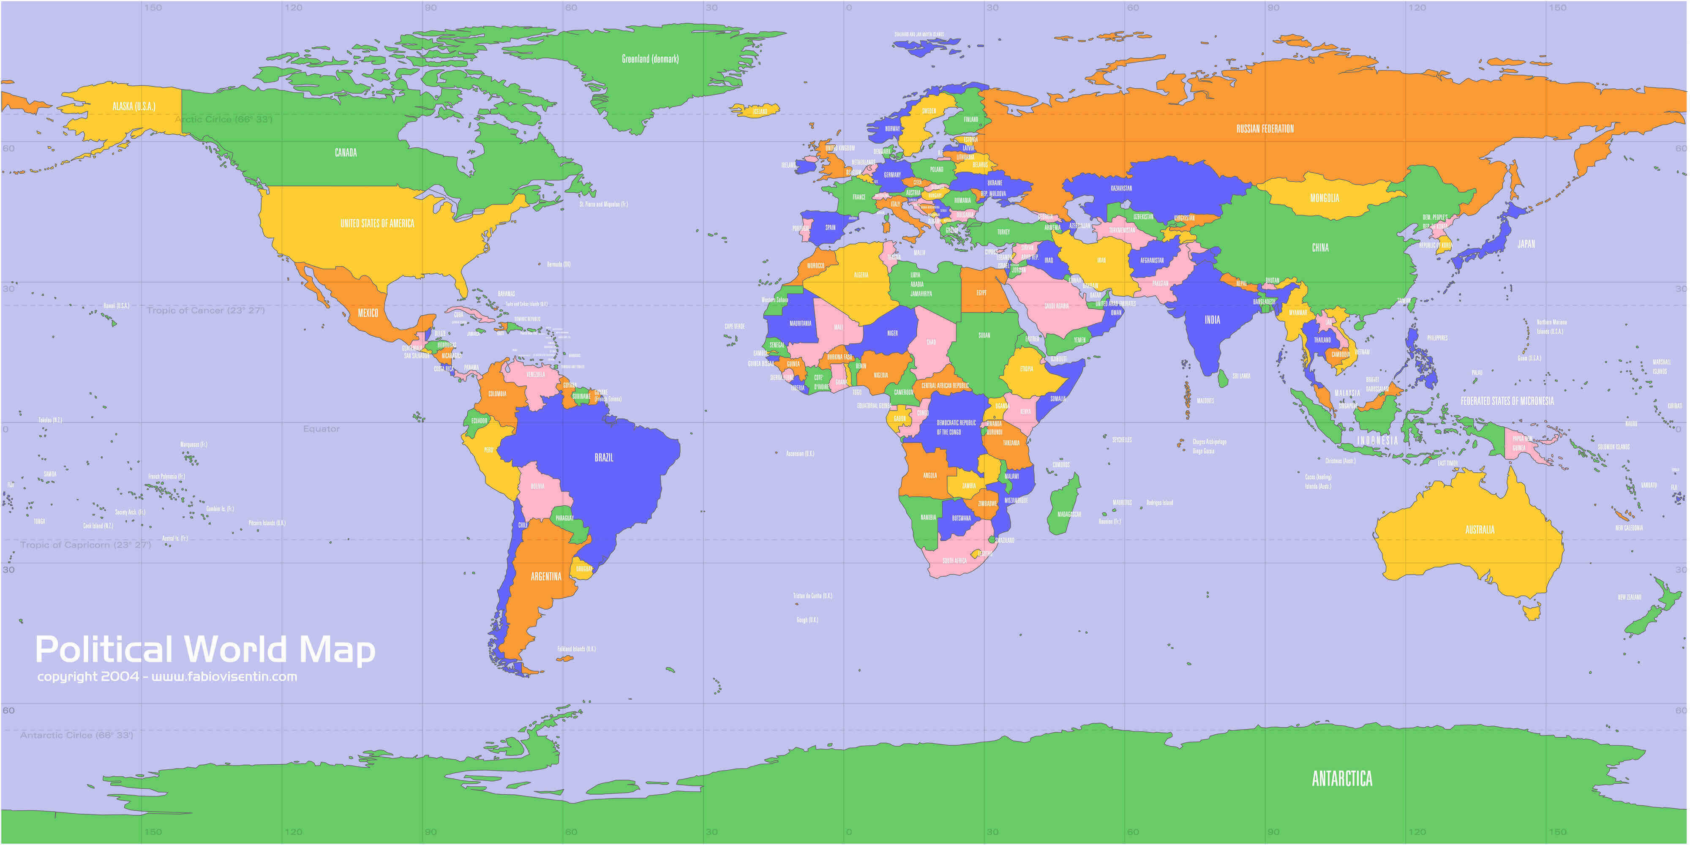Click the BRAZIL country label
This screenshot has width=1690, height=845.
[x=604, y=457]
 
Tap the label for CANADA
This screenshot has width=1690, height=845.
[x=346, y=152]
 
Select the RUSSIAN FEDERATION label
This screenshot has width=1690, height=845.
[x=1265, y=128]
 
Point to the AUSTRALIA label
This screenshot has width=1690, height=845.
[x=1480, y=529]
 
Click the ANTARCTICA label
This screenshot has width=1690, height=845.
[x=1341, y=779]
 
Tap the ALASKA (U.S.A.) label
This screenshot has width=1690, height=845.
[x=134, y=106]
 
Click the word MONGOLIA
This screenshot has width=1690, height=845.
[x=1324, y=197]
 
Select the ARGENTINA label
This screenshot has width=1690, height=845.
[x=546, y=576]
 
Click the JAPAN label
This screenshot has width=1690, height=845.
[x=1526, y=243]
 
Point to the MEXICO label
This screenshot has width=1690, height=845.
[x=368, y=313]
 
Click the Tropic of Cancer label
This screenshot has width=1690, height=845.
[x=205, y=310]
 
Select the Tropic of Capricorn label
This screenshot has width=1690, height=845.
[x=85, y=545]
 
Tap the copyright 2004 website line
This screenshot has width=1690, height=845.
[x=167, y=676]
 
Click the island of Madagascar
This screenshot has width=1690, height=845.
[x=1064, y=505]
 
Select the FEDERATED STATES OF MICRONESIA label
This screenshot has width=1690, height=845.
[x=1507, y=401]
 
